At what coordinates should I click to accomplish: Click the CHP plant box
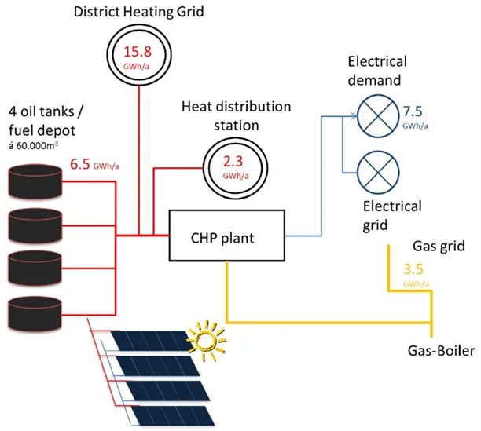pos(226,236)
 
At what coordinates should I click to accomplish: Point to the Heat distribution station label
pos(236,115)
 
